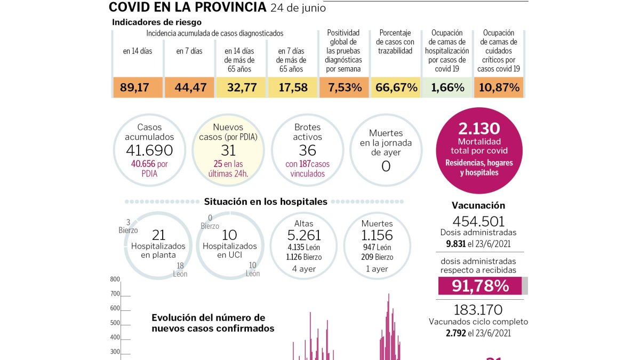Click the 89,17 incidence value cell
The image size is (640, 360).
[x=138, y=87]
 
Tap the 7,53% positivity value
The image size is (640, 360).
[x=345, y=87]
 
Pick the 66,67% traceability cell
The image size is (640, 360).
[x=396, y=87]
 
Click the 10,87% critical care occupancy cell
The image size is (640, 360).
[x=499, y=87]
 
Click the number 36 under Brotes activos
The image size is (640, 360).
[x=307, y=150]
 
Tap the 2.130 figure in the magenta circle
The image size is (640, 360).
[x=478, y=129]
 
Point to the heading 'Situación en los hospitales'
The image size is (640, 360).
[x=266, y=202]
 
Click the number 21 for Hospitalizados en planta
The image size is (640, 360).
[x=158, y=235]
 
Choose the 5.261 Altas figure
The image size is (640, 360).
[x=303, y=235]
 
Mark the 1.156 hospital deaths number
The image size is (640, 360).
[x=377, y=235]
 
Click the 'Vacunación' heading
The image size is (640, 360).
[x=478, y=205]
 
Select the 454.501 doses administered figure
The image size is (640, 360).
[x=478, y=221]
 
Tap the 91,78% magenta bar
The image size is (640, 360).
[x=480, y=286]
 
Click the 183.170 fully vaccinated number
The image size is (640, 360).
[x=478, y=310]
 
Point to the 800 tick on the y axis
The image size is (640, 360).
[x=115, y=279]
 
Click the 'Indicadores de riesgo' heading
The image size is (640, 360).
[x=157, y=22]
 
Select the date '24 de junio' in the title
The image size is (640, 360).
[x=298, y=7]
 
